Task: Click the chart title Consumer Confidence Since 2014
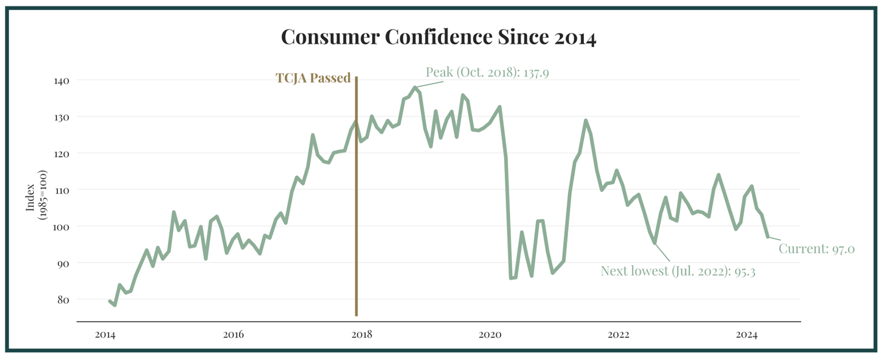tap(438, 37)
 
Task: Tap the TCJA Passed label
tap(313, 78)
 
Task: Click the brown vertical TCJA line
tap(356, 209)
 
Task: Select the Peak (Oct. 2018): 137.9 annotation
tap(487, 72)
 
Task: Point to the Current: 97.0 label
tap(816, 249)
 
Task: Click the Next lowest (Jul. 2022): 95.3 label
tap(678, 271)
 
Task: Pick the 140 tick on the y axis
tap(61, 81)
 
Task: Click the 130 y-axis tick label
tap(61, 117)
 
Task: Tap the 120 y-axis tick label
tap(61, 154)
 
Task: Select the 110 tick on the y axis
tap(61, 190)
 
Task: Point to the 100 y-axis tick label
tap(61, 227)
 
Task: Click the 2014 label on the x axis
tap(105, 335)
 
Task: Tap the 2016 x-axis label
tap(233, 335)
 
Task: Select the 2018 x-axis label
tap(362, 335)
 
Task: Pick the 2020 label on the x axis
tap(490, 335)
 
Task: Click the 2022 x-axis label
tap(618, 335)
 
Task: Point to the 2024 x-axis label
tap(747, 335)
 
